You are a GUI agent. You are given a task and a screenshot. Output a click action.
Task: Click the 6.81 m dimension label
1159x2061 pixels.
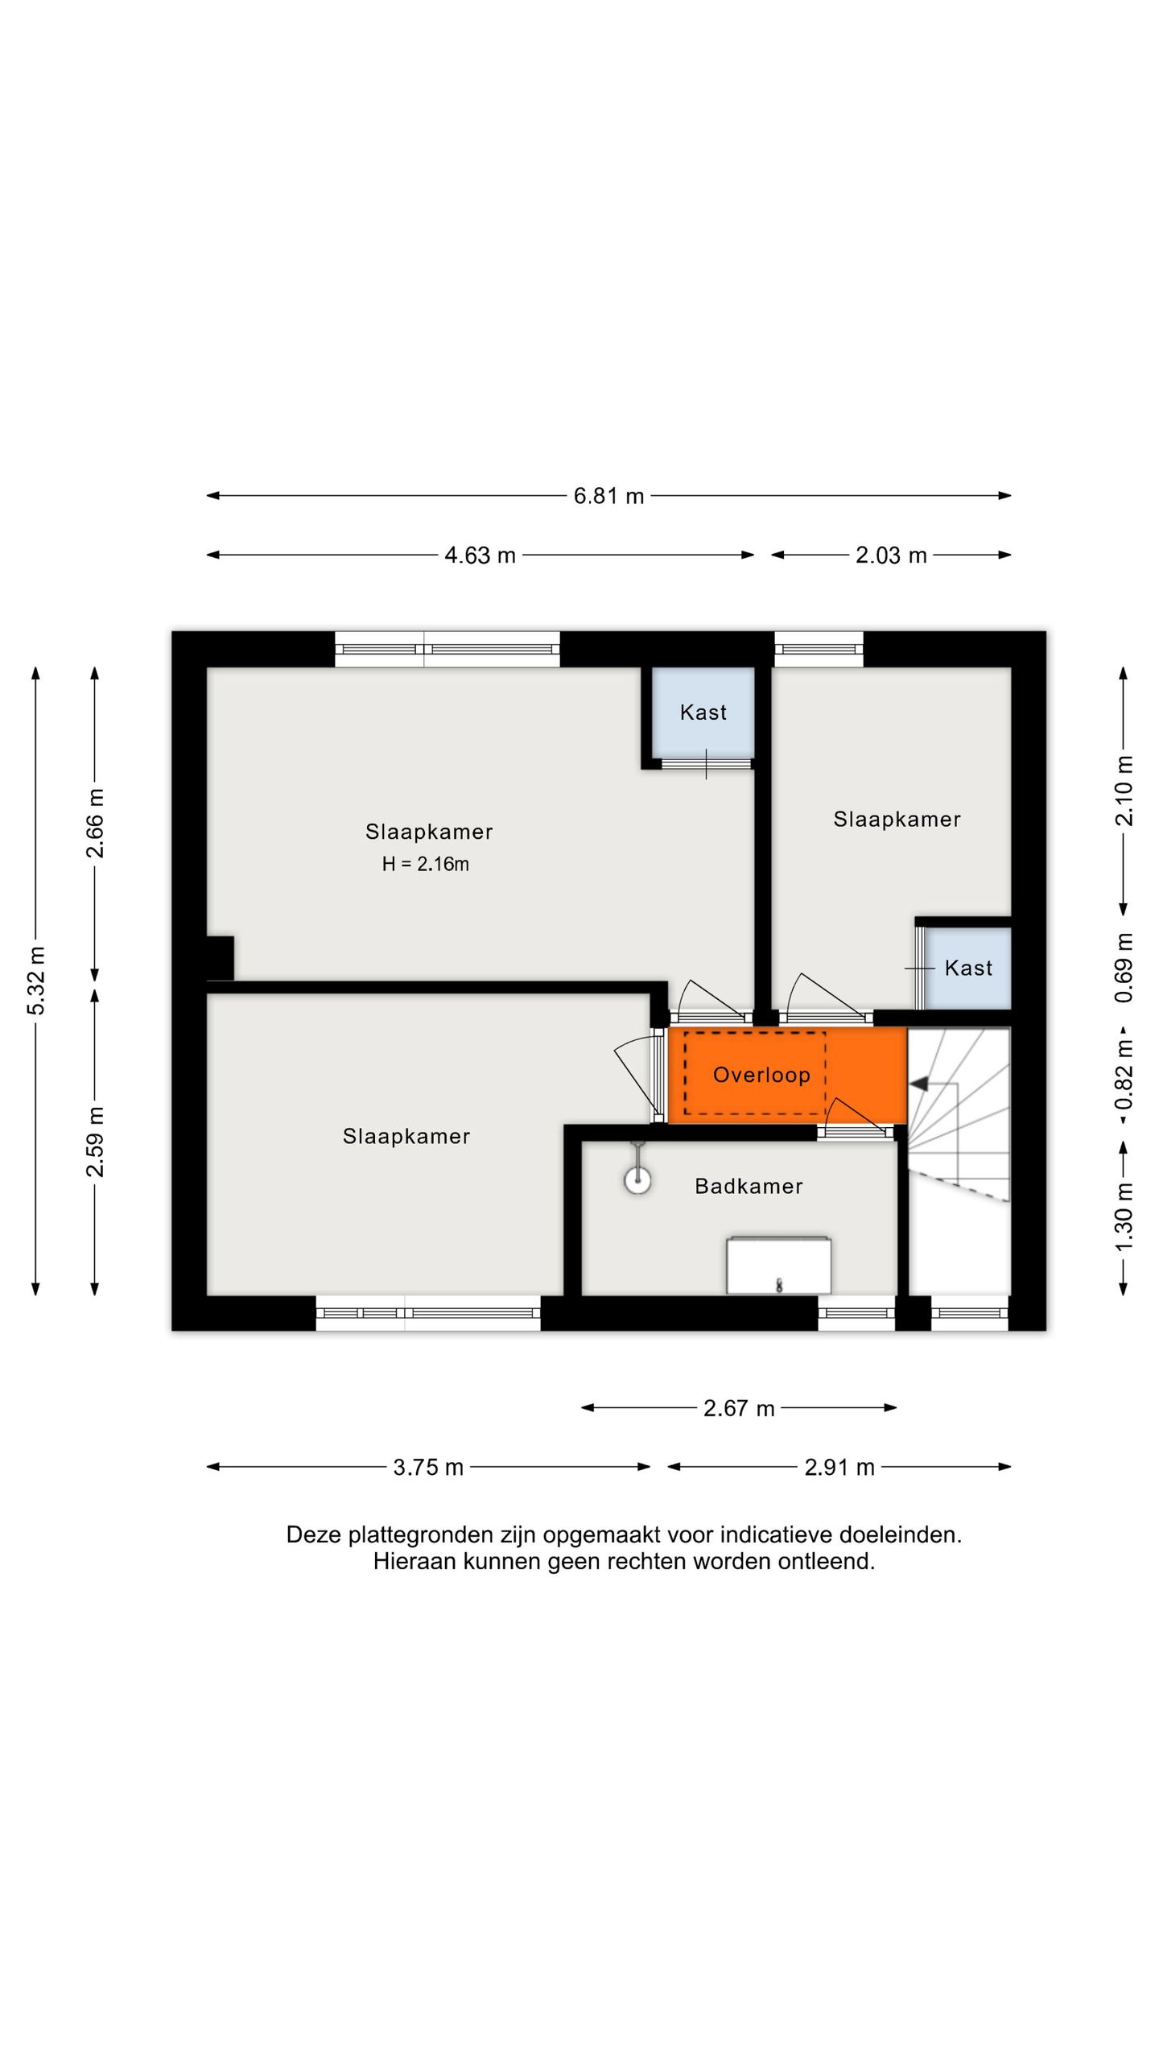pos(608,496)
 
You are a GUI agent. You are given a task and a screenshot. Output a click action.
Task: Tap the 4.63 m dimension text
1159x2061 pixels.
pos(480,556)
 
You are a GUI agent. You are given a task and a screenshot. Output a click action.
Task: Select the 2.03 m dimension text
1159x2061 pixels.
pos(891,556)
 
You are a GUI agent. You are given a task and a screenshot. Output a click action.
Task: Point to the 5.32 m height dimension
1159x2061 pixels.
pos(36,981)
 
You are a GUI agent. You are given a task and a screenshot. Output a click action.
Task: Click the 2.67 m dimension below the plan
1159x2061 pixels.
pos(739,1408)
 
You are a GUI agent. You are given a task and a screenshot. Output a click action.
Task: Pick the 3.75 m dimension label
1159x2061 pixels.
pos(428,1468)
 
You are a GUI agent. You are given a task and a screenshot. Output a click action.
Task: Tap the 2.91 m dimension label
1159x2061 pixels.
pos(839,1468)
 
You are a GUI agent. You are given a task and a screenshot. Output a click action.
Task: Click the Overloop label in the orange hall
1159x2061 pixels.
pos(761,1075)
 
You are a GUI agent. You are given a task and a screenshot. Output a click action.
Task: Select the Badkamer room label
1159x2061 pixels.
pos(749,1186)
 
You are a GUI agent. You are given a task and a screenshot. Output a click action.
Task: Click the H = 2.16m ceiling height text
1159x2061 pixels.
pos(425,864)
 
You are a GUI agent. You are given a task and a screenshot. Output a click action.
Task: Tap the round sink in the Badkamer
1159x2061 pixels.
pos(637,1181)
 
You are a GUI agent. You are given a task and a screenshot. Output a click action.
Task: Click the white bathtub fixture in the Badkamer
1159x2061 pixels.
pos(778,1265)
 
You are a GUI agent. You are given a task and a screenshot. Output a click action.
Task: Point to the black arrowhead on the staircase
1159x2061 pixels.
pos(918,1084)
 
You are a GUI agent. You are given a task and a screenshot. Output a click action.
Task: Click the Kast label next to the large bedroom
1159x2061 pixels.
pos(703,712)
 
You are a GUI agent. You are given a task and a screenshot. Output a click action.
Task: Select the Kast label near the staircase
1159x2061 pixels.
pos(968,968)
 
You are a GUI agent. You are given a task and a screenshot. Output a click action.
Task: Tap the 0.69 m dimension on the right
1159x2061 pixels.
pos(1124,968)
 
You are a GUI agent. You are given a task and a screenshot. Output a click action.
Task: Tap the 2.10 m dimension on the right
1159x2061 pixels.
pos(1124,791)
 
